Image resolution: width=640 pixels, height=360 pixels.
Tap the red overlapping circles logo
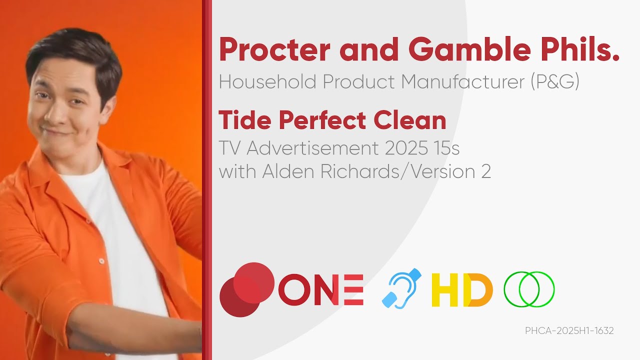point(247,289)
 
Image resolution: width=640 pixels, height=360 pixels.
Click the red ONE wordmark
point(320,289)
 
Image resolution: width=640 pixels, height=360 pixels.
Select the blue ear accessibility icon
point(401,288)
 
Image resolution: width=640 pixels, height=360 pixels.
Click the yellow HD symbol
point(462,289)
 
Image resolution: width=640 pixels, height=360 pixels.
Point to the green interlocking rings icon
point(529,289)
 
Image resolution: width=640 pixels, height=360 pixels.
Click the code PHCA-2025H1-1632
point(569,330)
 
